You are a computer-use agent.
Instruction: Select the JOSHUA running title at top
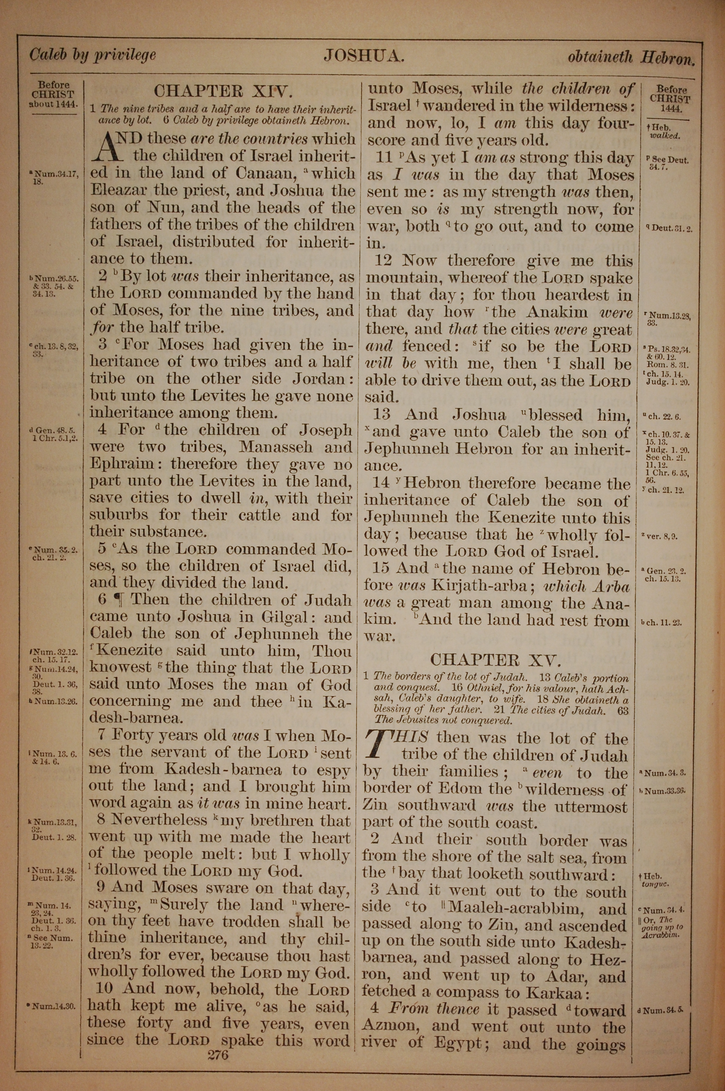pos(364,56)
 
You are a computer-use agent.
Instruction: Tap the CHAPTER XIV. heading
pos(223,91)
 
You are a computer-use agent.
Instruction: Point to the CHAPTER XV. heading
pos(496,659)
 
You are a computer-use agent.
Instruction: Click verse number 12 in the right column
pos(383,261)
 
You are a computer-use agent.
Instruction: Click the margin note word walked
pos(664,136)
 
